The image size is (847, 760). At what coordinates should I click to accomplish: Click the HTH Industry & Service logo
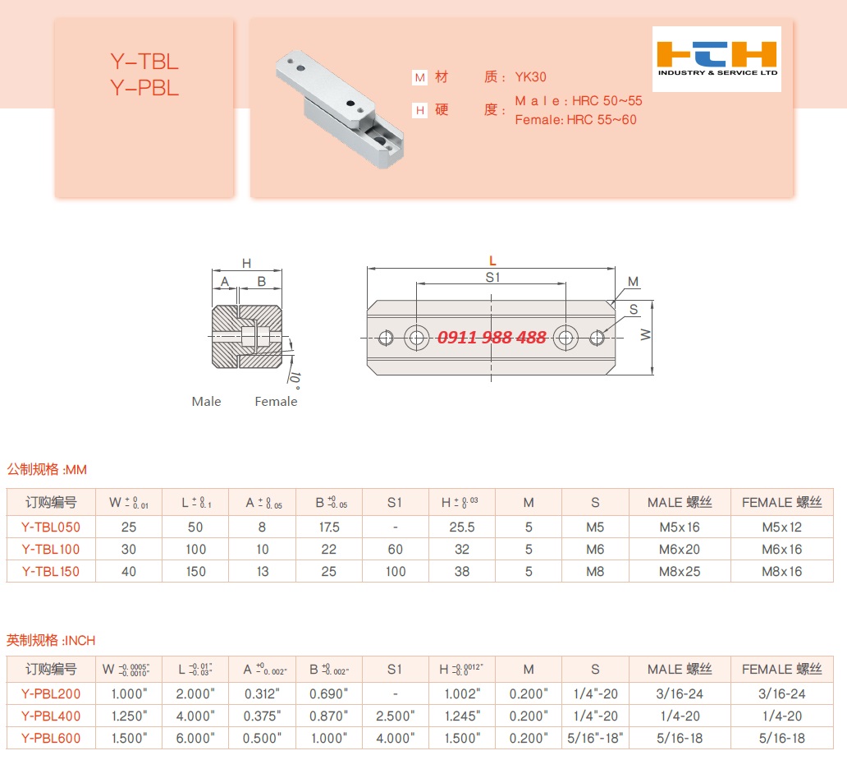point(717,58)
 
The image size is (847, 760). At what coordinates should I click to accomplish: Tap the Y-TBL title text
point(144,62)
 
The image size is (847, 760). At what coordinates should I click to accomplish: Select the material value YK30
point(530,77)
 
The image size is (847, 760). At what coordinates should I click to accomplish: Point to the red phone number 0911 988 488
point(492,338)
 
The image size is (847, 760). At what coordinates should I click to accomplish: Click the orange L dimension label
point(492,260)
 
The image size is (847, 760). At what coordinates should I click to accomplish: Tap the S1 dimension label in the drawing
point(492,278)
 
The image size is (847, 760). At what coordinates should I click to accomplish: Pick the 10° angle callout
point(293,377)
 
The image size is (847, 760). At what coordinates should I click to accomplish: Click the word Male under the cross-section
point(206,401)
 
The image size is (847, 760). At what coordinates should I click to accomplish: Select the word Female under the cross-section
point(276,401)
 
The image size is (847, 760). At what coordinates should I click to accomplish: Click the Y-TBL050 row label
point(51,527)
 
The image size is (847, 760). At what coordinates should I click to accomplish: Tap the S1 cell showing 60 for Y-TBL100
point(396,549)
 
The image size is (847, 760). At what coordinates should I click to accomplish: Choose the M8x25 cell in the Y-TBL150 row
point(680,571)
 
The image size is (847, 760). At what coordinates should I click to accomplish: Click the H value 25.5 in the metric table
point(462,527)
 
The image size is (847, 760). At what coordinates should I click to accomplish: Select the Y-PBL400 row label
point(51,716)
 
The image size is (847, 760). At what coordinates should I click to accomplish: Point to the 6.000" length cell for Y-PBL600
point(195,738)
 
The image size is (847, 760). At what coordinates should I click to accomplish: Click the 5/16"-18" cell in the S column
point(595,738)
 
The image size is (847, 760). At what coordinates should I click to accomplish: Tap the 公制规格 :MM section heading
point(47,470)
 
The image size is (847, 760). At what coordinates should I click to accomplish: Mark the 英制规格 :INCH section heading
point(52,640)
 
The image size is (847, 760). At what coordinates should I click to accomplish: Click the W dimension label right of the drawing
point(645,335)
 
